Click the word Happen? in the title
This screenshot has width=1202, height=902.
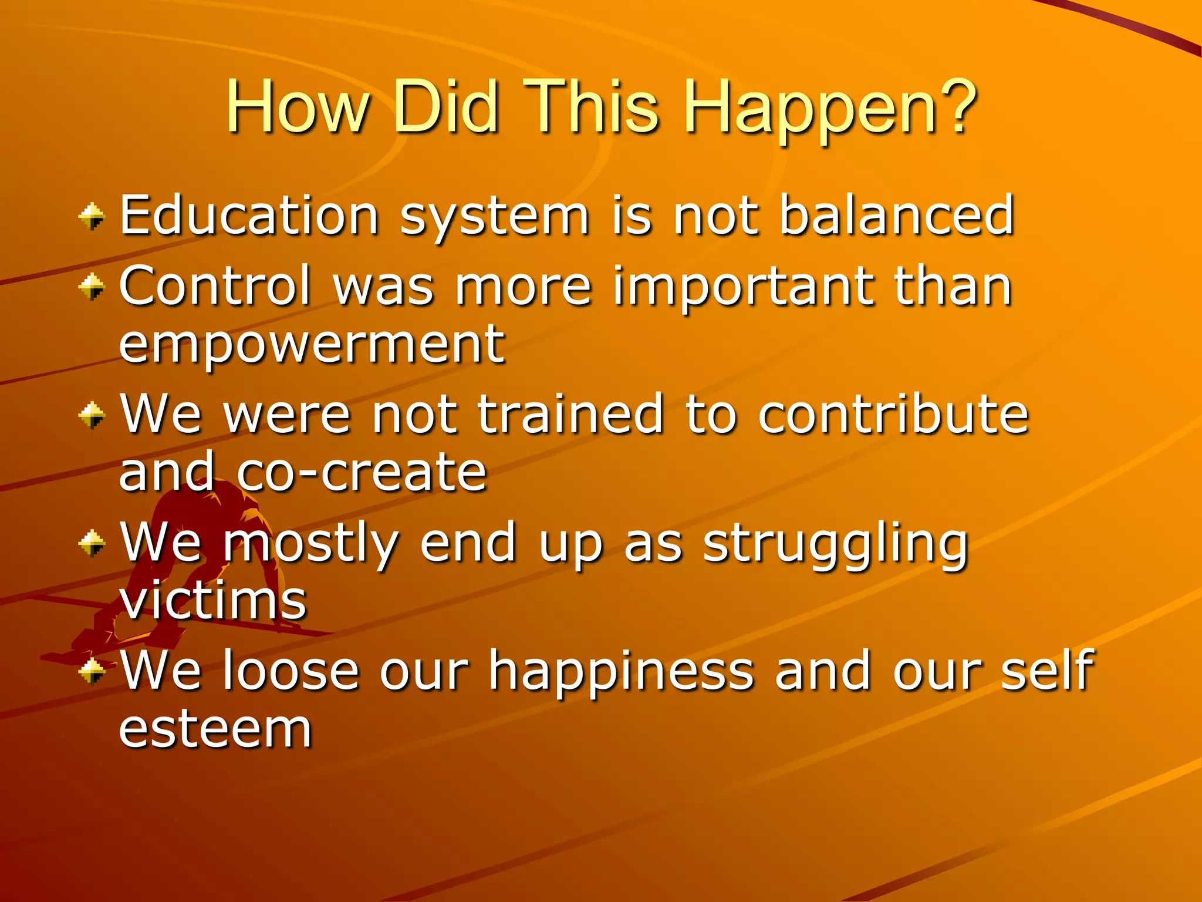(830, 109)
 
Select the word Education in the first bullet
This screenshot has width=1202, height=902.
(249, 216)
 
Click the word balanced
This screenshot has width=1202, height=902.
(897, 215)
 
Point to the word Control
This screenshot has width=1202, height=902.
(215, 286)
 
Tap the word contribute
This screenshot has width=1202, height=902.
(893, 415)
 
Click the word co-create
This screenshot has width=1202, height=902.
(362, 473)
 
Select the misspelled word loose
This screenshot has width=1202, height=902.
(291, 671)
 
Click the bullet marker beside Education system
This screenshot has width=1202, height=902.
(92, 217)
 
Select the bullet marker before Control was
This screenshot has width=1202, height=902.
(92, 287)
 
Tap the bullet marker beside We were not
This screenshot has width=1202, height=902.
(92, 416)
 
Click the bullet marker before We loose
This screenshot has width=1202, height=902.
(92, 671)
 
